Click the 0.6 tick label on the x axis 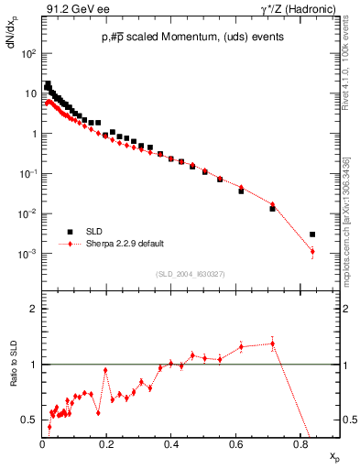(235, 446)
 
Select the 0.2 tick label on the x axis (106, 446)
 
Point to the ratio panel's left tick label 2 (32, 310)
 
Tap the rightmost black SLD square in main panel (312, 234)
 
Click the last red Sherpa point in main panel (312, 252)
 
